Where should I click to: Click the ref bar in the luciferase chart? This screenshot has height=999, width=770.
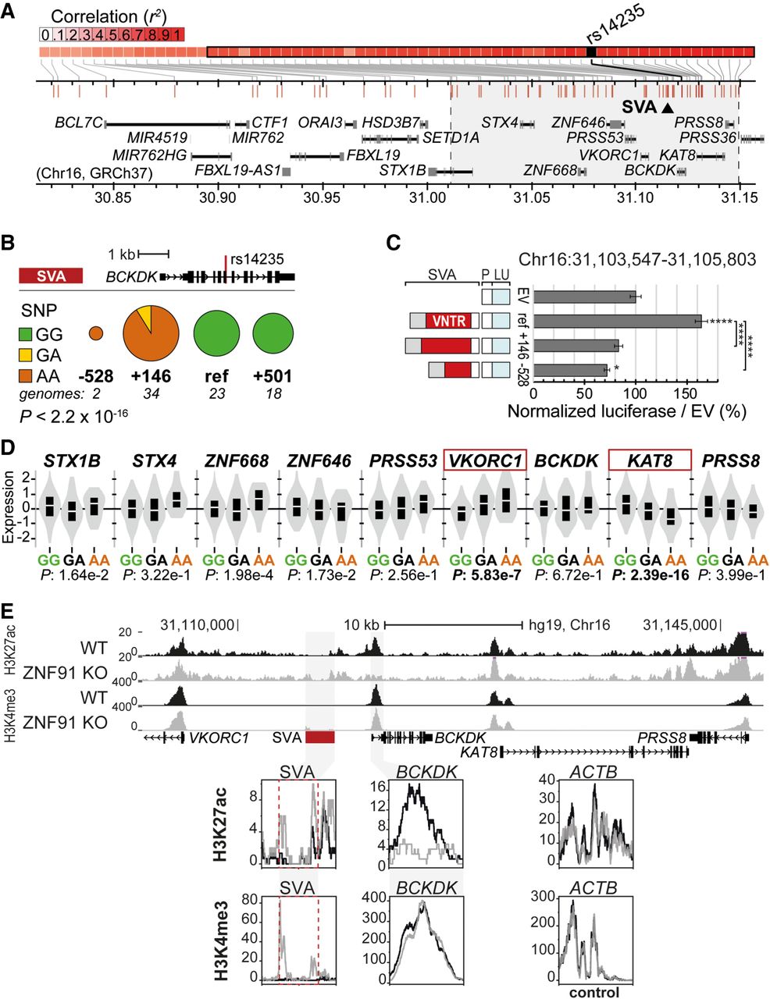point(617,320)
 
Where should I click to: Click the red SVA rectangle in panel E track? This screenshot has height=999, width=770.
point(320,738)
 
